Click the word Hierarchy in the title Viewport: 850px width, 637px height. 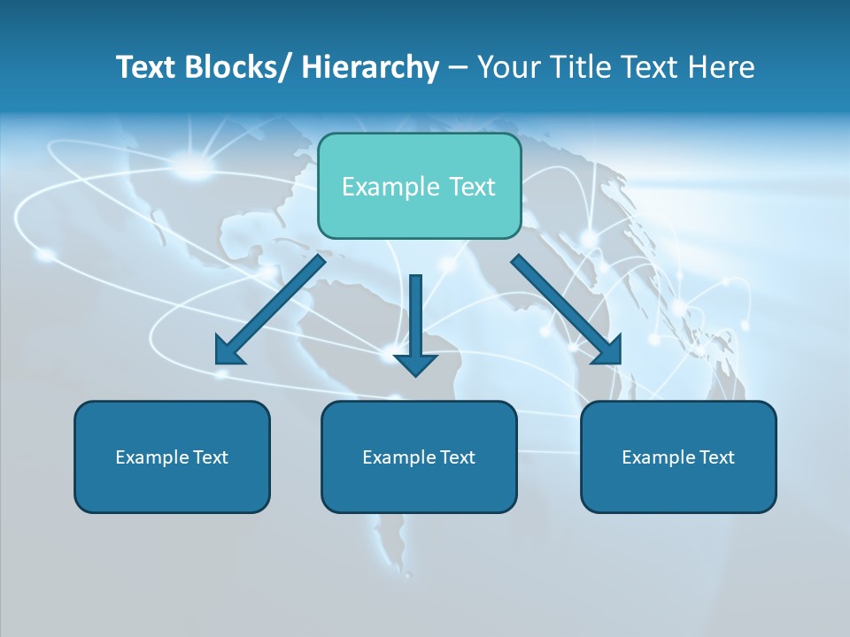coord(370,68)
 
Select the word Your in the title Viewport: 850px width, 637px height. coord(511,68)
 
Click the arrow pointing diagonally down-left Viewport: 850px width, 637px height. coord(270,311)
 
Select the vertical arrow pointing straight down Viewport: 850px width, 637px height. coord(415,318)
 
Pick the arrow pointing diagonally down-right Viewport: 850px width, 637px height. coord(567,311)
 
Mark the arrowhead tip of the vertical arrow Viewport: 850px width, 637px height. coord(415,375)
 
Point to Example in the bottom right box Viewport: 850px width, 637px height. coord(657,457)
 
